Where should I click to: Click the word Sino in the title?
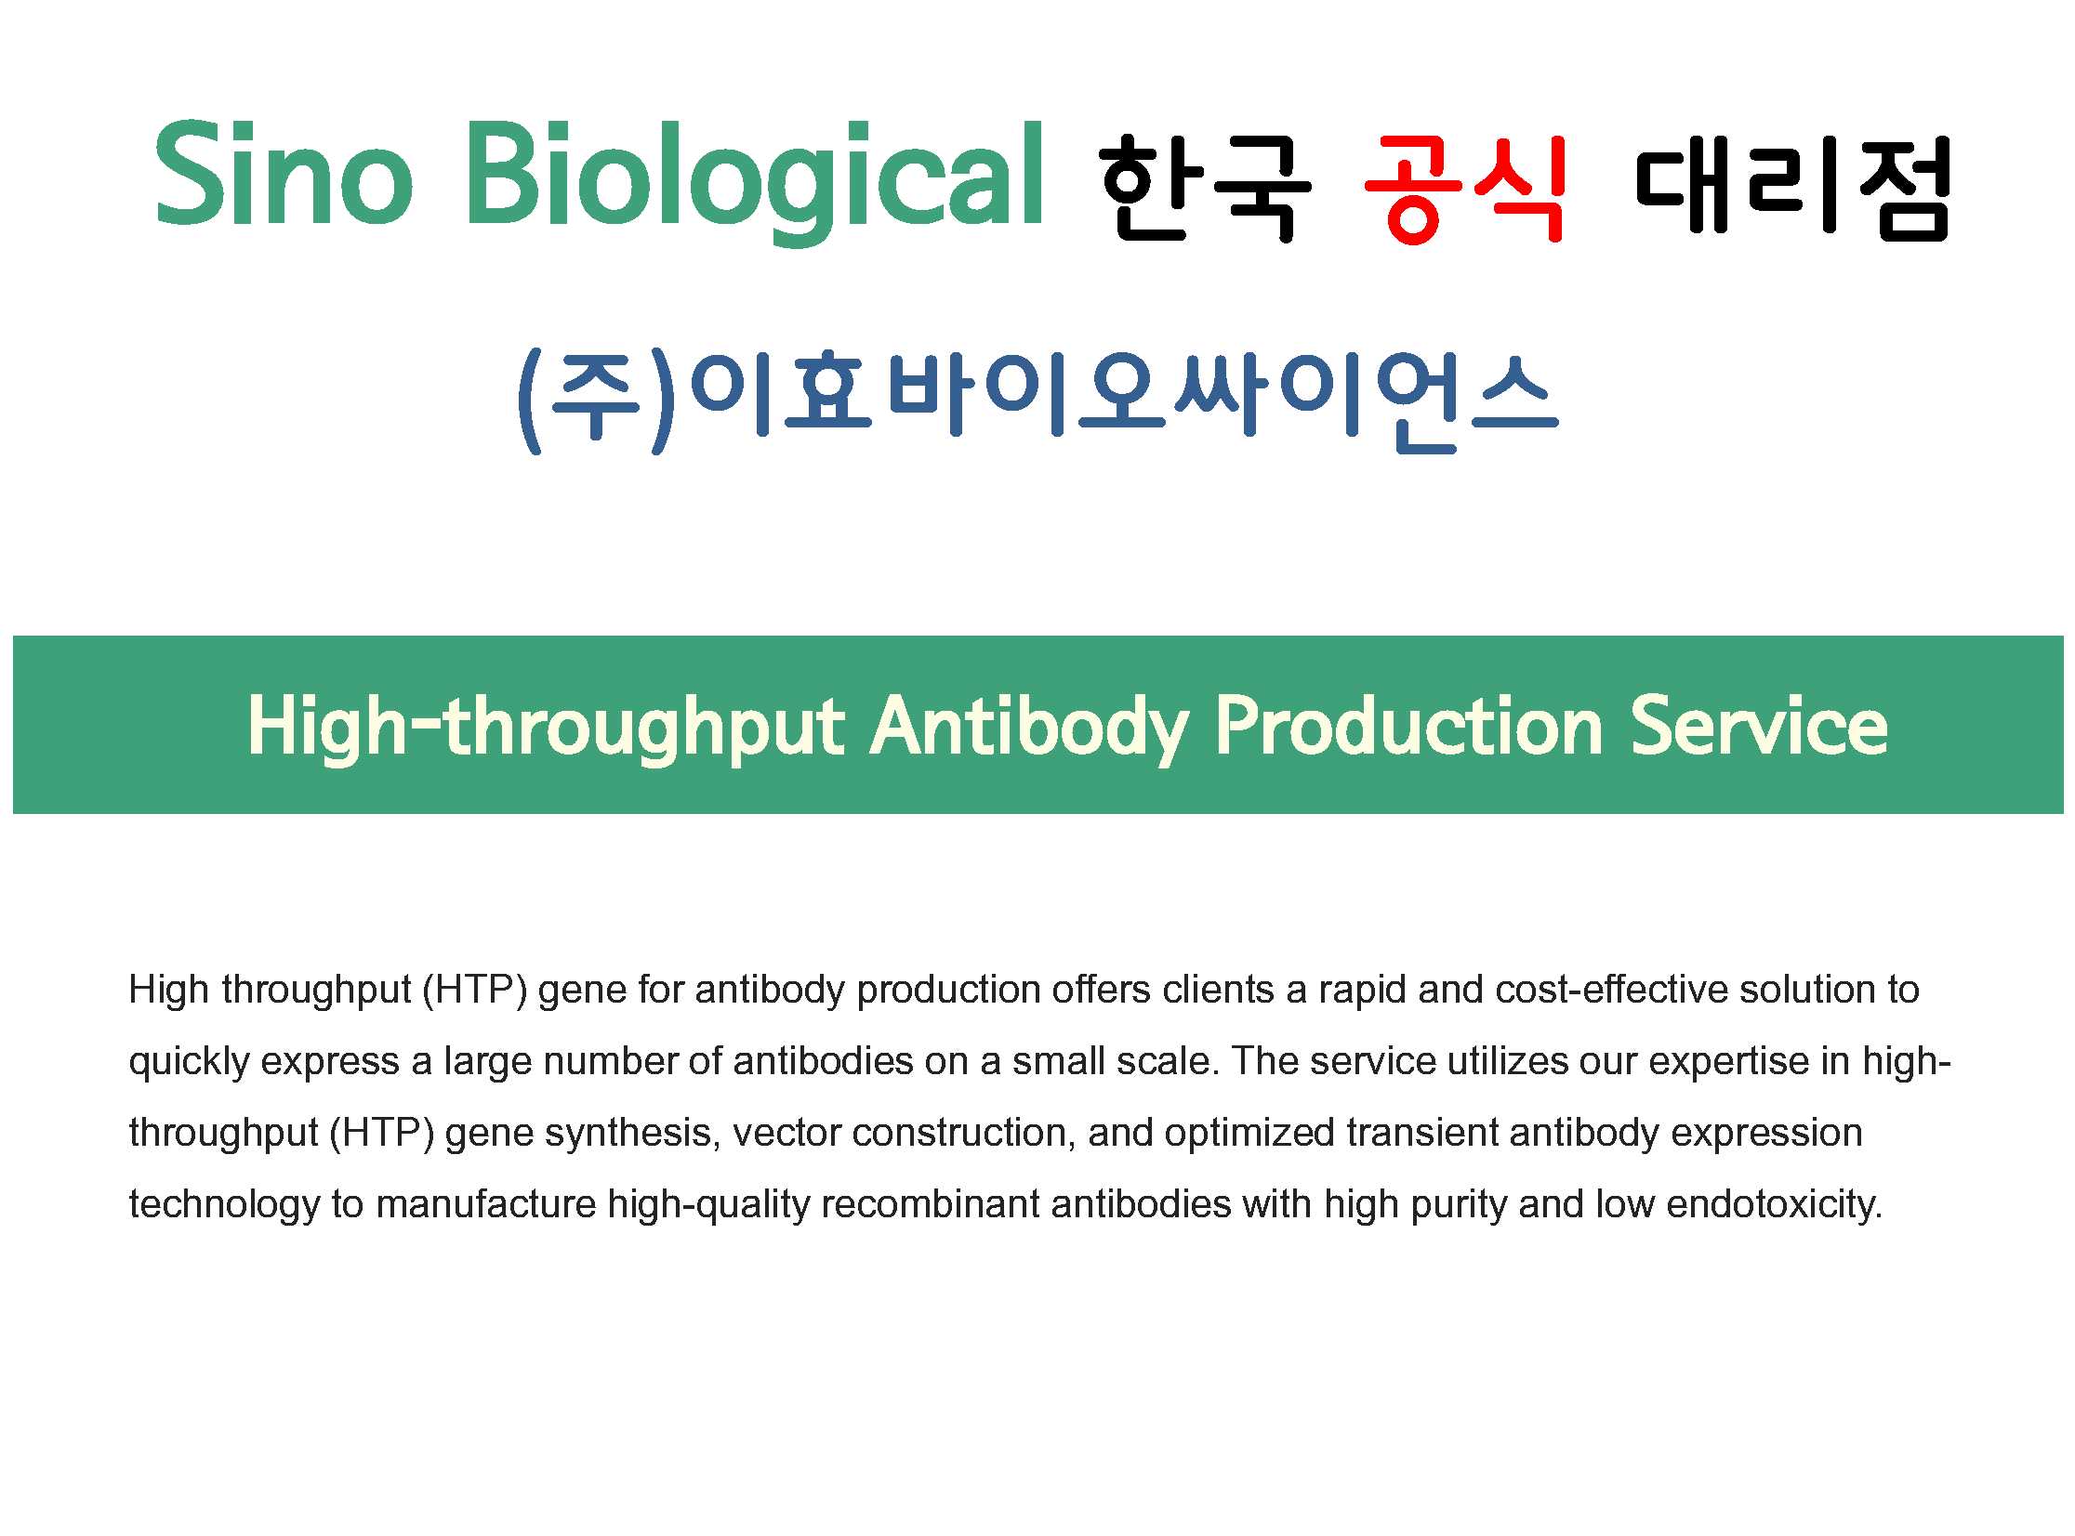coord(283,174)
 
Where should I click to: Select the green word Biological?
coord(754,182)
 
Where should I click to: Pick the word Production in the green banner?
coord(1408,726)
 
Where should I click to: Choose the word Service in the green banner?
coord(1758,726)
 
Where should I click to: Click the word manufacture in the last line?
coord(485,1205)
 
